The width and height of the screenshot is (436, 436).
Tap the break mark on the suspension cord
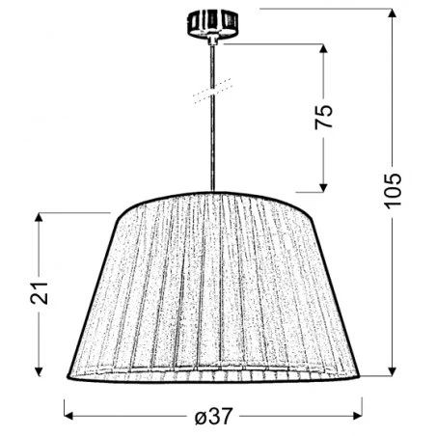tap(207, 94)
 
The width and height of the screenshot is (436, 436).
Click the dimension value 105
tap(392, 195)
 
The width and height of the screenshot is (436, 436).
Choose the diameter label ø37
tap(213, 415)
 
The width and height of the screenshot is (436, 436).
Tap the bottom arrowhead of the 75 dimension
tap(323, 186)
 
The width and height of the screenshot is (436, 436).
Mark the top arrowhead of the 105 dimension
tap(392, 14)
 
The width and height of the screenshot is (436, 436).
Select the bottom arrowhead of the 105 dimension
tap(392, 371)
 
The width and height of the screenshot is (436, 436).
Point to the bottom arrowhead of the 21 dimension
tap(39, 371)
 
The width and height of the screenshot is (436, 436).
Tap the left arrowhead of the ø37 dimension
tap(69, 415)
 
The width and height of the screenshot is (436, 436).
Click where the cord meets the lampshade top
tap(211, 191)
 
